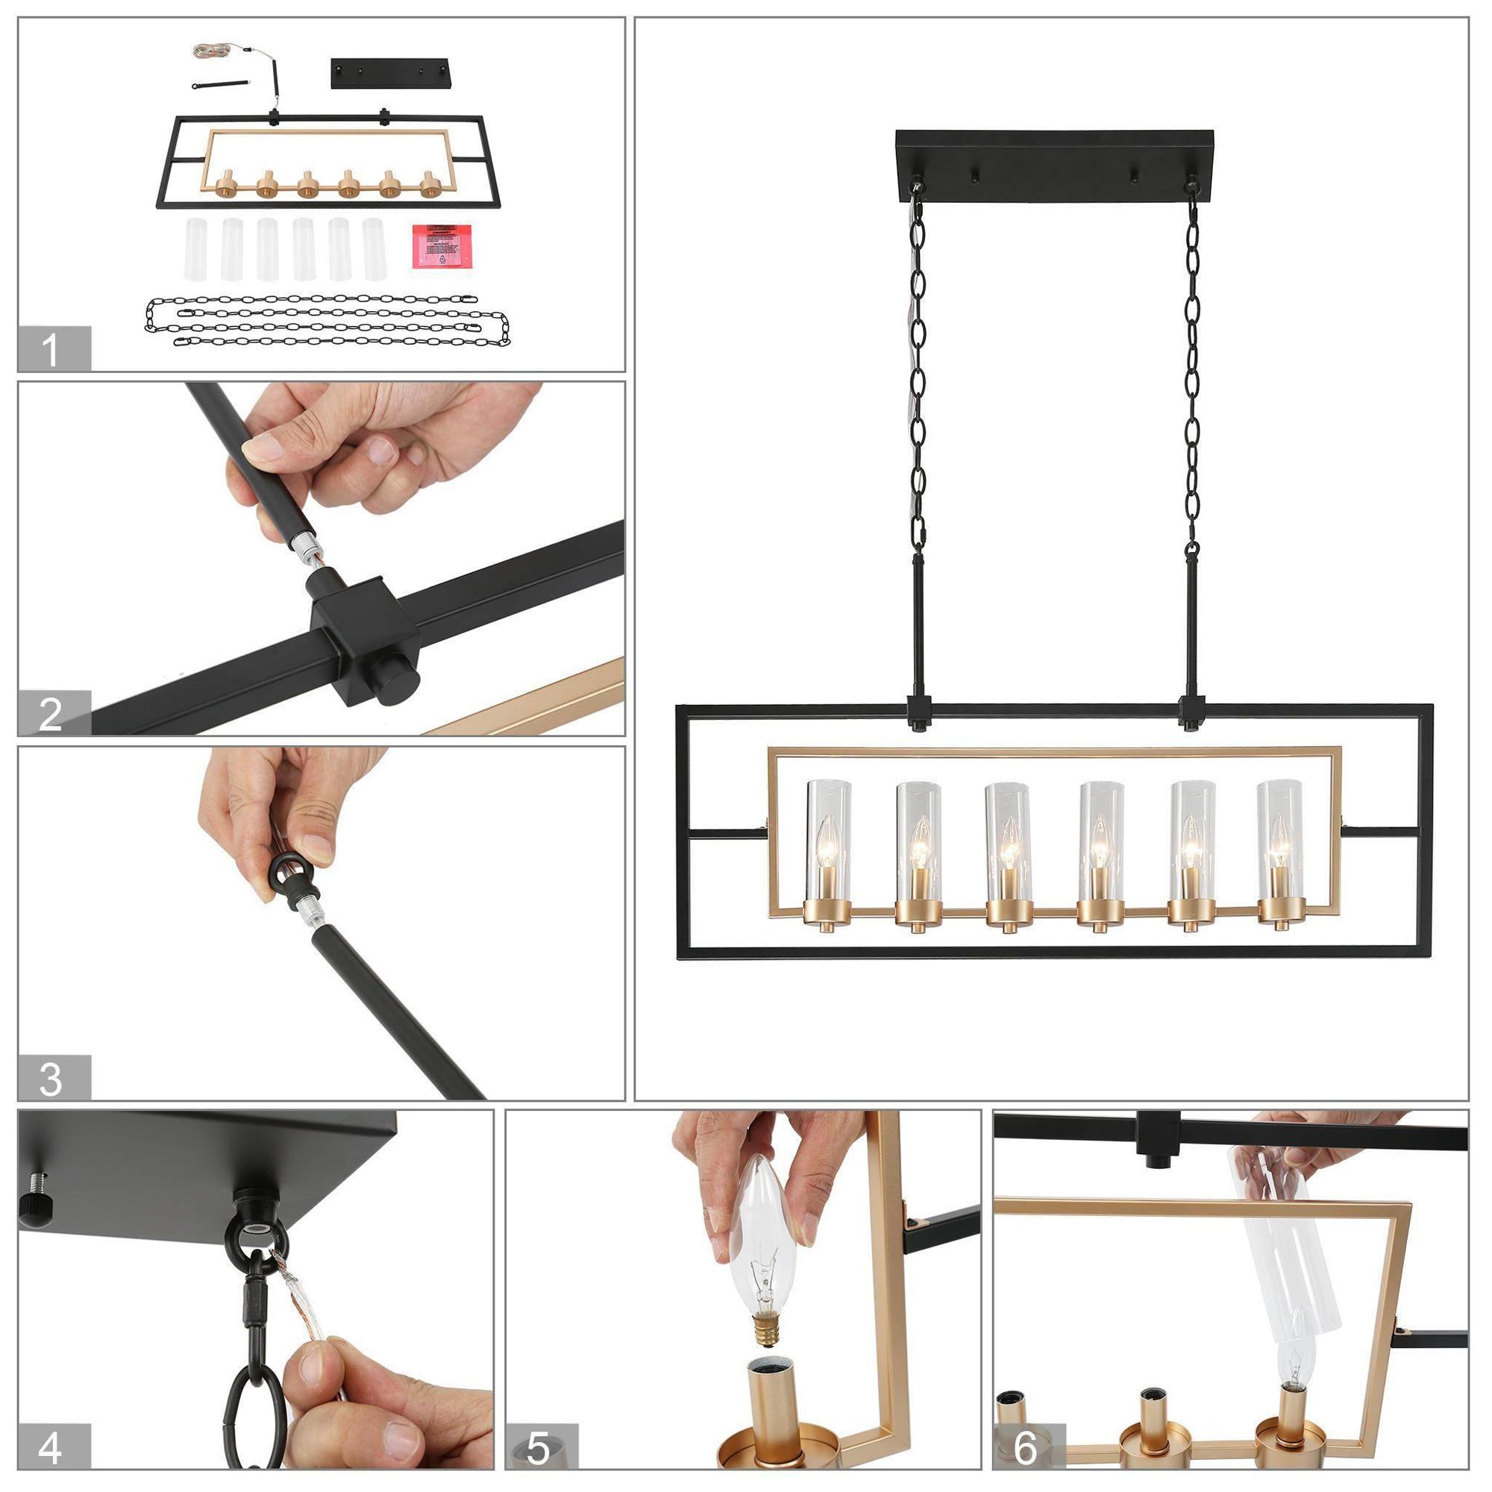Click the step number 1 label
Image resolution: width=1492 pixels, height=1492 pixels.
(x=51, y=349)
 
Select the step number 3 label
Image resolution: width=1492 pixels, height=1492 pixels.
(x=51, y=1078)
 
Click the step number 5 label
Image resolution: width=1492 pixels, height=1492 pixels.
(x=539, y=1448)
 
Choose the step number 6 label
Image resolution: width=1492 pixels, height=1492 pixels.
(x=1025, y=1448)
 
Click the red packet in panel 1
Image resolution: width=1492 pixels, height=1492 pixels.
(x=442, y=245)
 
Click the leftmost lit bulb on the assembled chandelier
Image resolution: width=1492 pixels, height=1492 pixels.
(x=828, y=850)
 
